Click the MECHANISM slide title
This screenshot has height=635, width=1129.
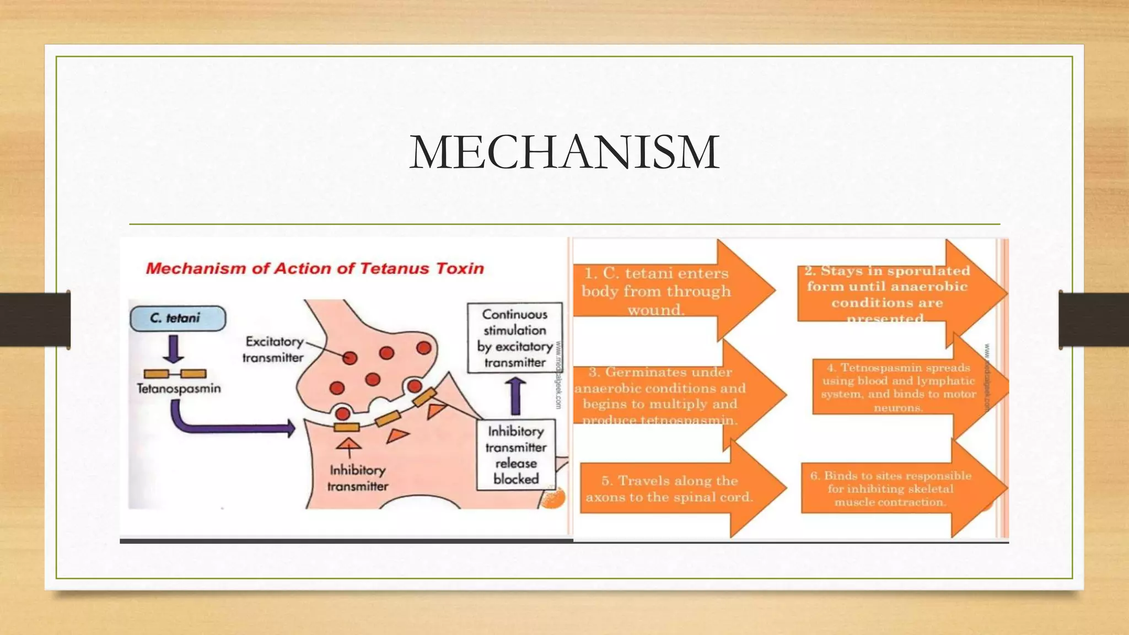564,152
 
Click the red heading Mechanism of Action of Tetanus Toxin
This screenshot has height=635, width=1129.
315,268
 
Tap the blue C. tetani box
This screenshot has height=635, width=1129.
178,318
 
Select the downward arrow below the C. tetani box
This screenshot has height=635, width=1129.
174,348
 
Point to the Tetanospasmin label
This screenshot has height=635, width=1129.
179,389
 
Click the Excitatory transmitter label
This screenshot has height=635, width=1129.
273,349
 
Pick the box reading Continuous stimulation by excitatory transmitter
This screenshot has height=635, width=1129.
515,338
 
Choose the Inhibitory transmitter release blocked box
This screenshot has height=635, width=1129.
516,455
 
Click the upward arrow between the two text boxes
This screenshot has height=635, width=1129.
515,396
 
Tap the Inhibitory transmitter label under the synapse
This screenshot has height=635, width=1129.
357,478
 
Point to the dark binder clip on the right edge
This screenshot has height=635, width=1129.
1094,319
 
